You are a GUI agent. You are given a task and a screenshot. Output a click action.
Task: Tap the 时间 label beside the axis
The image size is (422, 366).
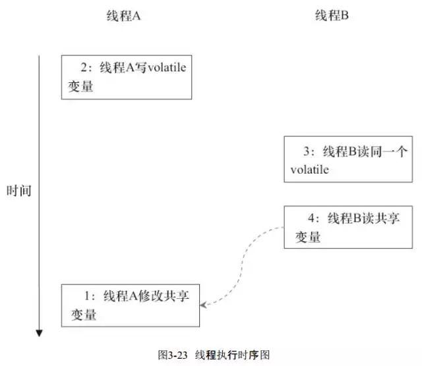pyautogui.click(x=19, y=192)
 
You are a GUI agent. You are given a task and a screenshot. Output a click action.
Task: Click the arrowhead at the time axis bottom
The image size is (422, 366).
pyautogui.click(x=40, y=332)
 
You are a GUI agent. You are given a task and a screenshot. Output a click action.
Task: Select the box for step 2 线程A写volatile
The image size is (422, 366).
pyautogui.click(x=127, y=77)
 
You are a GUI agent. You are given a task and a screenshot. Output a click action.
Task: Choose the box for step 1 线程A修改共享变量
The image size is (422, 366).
pyautogui.click(x=130, y=305)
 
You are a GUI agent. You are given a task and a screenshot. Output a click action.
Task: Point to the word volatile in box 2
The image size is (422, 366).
pyautogui.click(x=162, y=68)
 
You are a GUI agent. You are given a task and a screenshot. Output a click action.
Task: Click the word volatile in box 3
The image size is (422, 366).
pyautogui.click(x=309, y=170)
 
